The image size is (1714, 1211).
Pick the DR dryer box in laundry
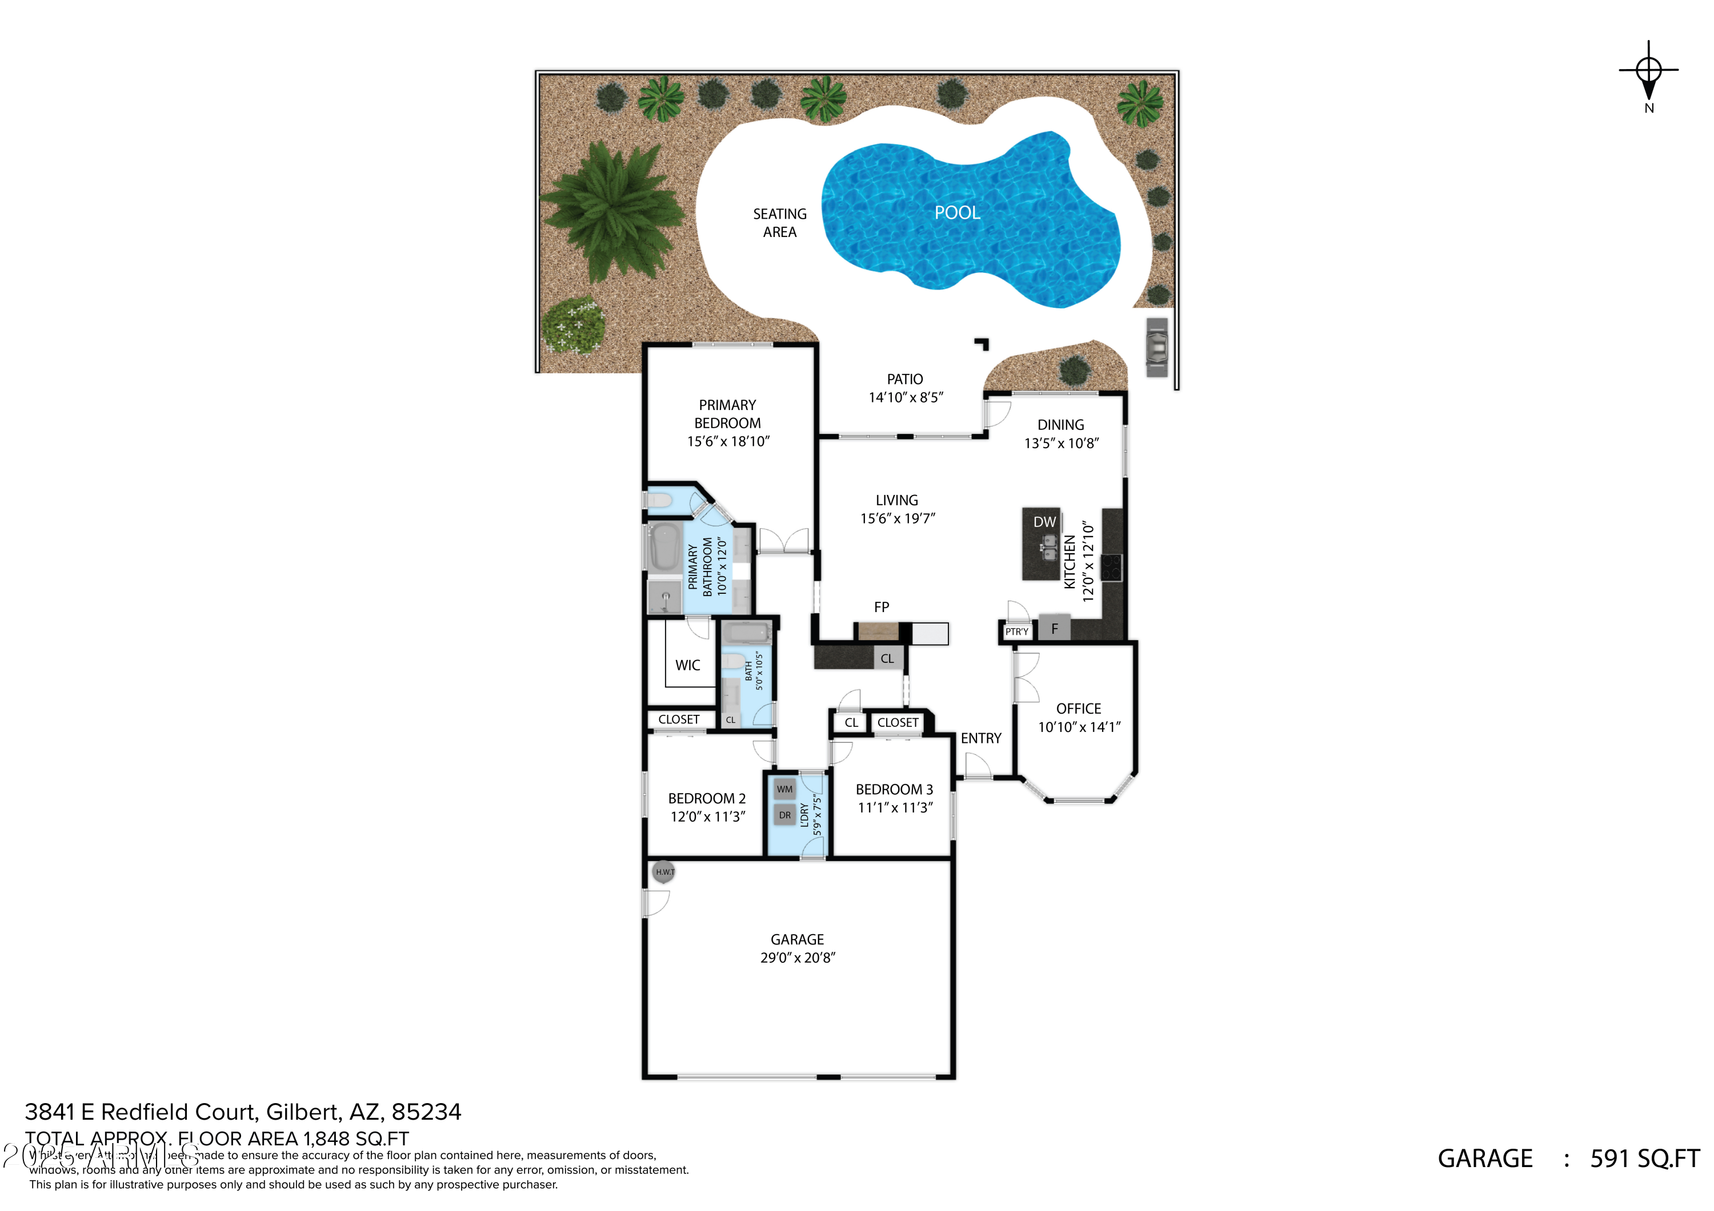tap(784, 815)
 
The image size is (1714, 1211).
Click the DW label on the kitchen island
tap(1044, 522)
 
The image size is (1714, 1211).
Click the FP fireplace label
tap(882, 607)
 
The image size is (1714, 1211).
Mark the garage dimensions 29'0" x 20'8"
tap(797, 958)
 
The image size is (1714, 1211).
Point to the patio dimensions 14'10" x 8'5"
tap(906, 398)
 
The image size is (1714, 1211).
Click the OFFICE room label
tap(1079, 709)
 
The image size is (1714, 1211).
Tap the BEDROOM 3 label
tap(894, 790)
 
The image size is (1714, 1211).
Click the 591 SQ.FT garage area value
tap(1644, 1159)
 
